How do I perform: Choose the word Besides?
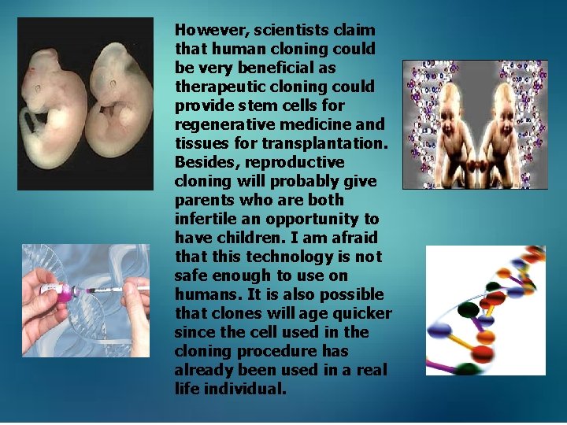tap(202, 162)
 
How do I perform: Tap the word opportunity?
tap(320, 219)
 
